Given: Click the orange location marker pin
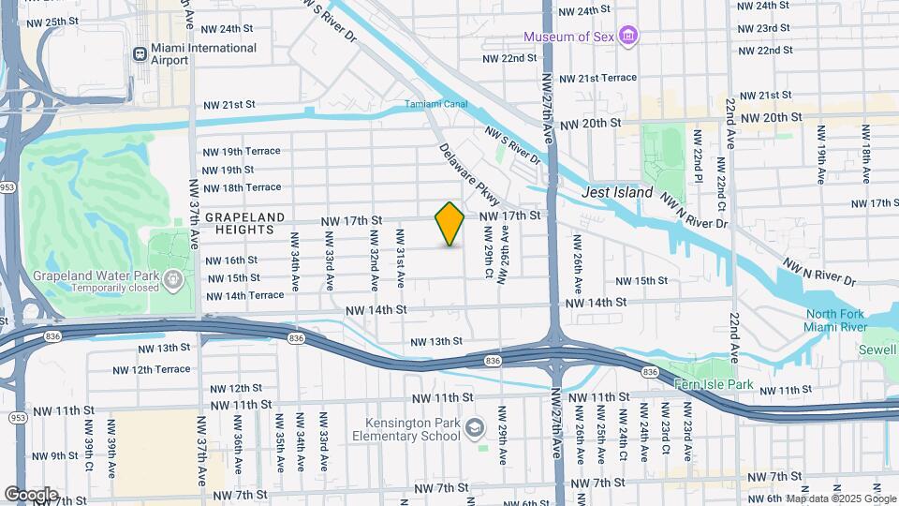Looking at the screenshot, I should point(449,224).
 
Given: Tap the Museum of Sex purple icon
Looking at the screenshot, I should point(629,37).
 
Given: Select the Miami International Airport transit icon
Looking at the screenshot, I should point(140,54).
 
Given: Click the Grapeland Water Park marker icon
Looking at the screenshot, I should point(173,279).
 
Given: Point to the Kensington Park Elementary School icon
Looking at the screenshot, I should point(475,428).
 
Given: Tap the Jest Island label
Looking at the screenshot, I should point(615,191).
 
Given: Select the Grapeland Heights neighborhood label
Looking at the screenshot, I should point(244,224).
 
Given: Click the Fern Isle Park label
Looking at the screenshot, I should point(714,383).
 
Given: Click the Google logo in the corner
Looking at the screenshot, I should point(31,494).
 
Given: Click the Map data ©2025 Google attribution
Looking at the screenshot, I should point(840,499).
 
